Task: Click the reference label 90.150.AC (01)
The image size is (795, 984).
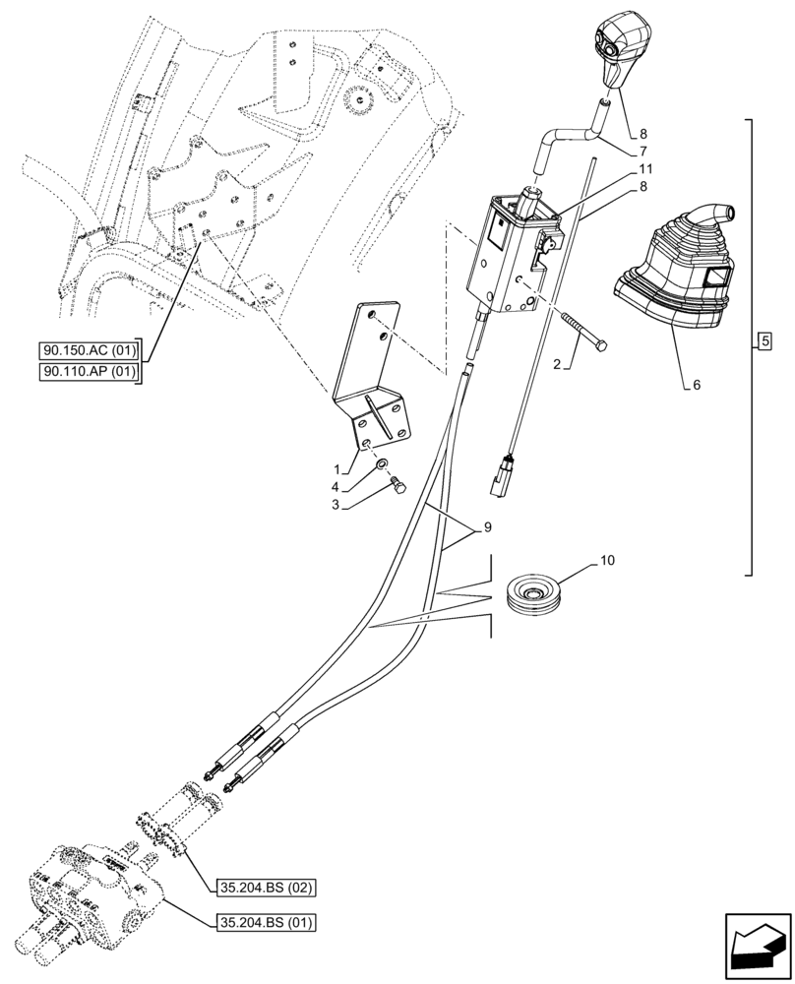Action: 90,350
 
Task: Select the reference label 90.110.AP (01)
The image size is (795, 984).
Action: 90,371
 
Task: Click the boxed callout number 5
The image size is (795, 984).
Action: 765,341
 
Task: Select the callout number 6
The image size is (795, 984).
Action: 696,387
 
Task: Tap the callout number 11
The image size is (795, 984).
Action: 645,169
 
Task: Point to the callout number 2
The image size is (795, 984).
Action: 556,364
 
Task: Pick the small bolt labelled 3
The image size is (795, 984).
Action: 398,485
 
